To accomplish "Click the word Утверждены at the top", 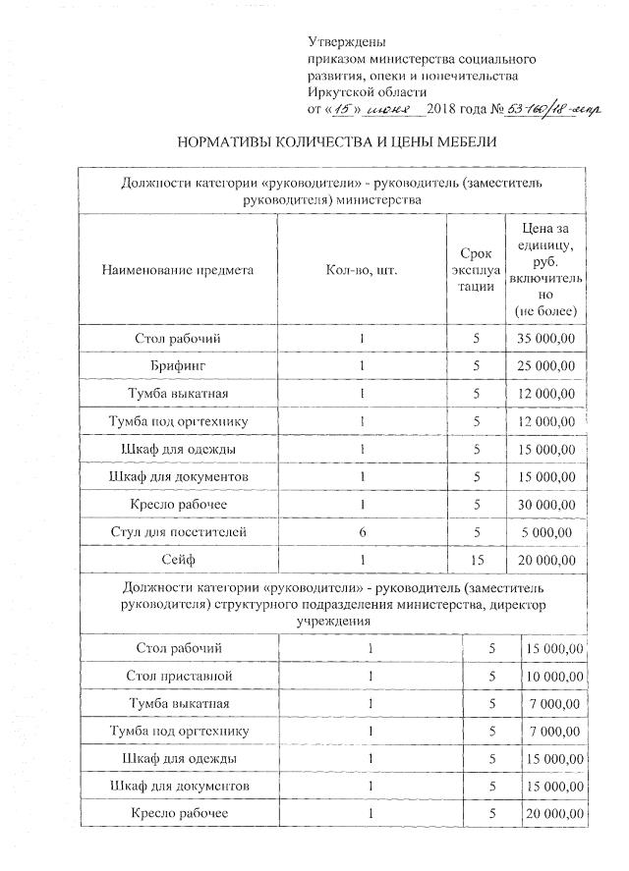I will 347,42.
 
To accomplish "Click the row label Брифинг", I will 177,366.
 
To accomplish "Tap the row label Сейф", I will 177,560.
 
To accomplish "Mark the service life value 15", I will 476,560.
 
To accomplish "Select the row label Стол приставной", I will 178,676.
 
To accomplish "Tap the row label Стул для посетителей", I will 177,531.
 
